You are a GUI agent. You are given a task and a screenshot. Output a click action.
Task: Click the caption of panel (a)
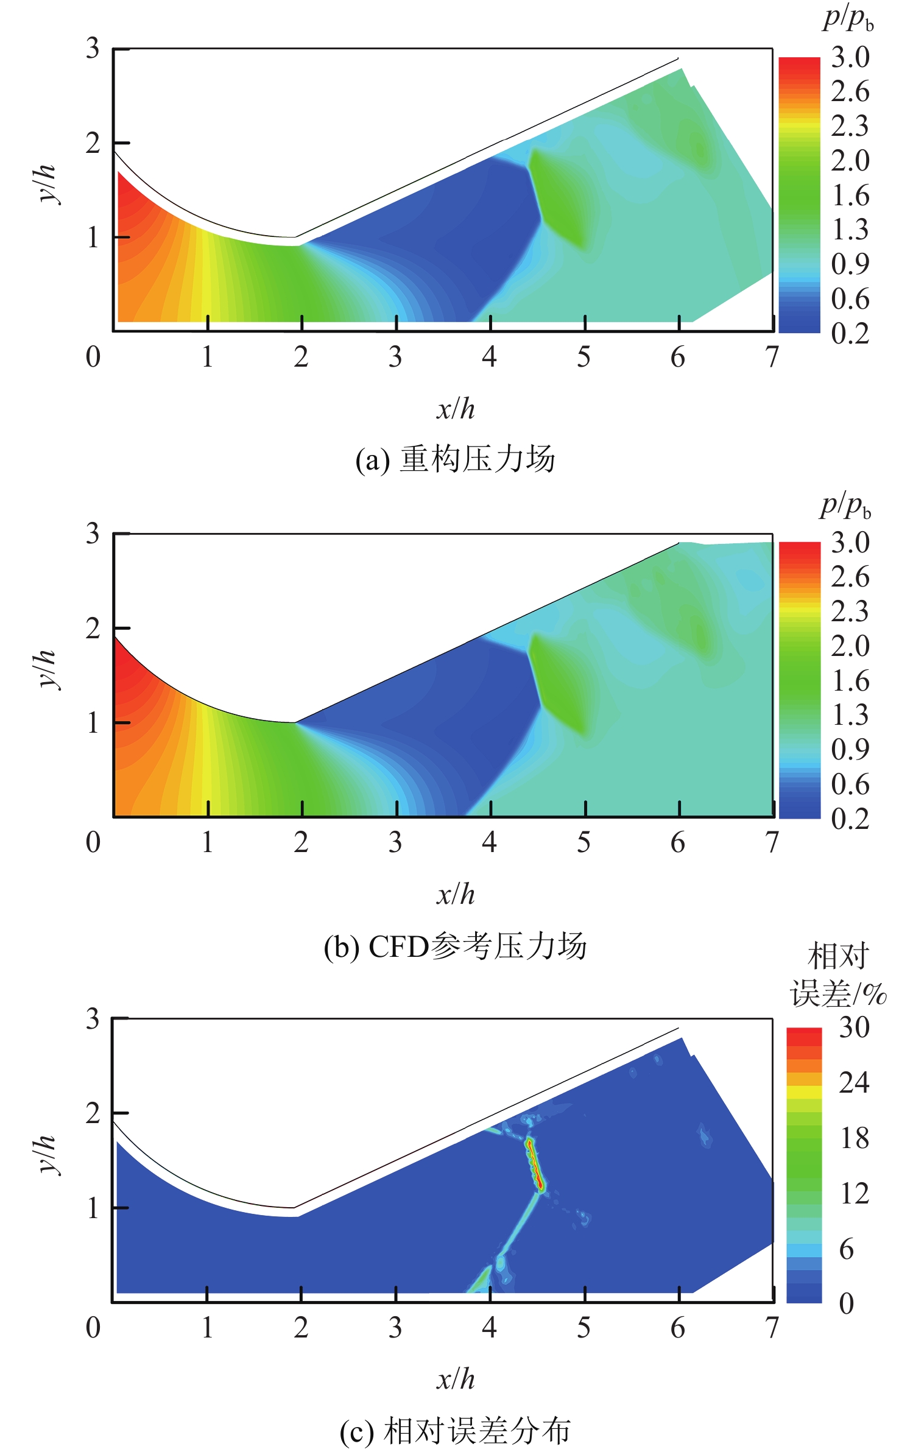click(455, 459)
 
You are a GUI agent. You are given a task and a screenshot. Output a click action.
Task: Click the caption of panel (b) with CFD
click(455, 946)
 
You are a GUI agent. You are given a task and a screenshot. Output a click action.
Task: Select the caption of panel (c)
click(455, 1431)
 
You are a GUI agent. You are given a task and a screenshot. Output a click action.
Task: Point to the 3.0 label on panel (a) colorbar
click(850, 58)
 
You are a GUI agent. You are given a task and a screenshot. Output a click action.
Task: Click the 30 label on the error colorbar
click(854, 1028)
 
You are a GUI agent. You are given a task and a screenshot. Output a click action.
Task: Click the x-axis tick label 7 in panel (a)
click(772, 358)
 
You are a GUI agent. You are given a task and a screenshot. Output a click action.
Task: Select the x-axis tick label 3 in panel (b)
click(395, 843)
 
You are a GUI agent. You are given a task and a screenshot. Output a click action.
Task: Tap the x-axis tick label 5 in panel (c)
click(583, 1328)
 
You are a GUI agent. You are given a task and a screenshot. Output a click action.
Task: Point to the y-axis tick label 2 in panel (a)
click(93, 144)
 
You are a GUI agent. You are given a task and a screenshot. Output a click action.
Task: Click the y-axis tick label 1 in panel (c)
click(93, 1208)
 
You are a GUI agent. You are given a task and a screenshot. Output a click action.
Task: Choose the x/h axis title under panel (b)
click(455, 895)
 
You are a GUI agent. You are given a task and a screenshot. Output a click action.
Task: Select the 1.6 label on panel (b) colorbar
click(850, 681)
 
